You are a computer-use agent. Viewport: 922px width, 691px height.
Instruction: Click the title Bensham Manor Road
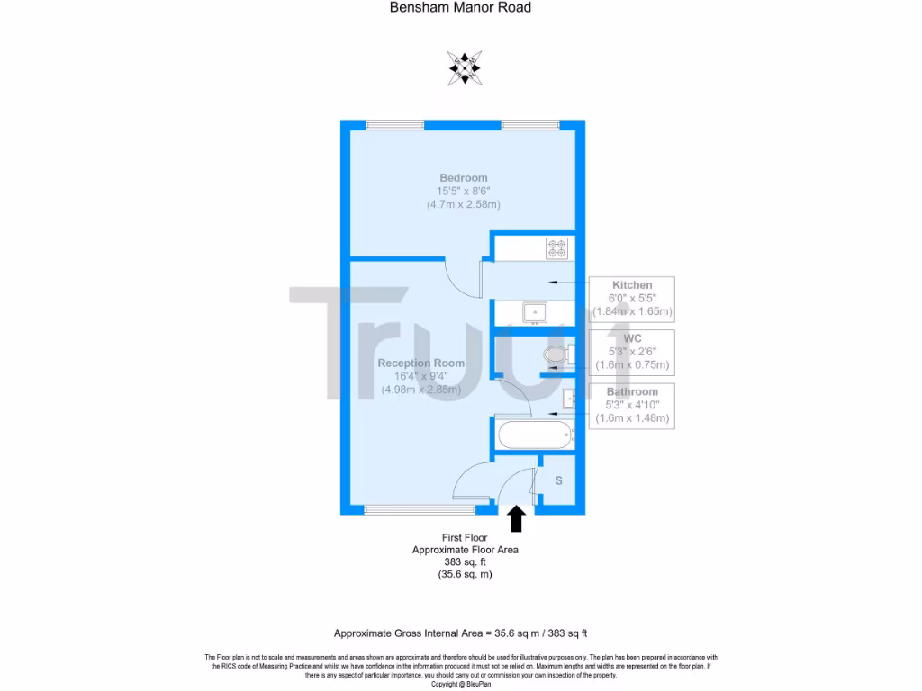[460, 8]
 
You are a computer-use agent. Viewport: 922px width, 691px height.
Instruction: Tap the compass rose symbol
[464, 68]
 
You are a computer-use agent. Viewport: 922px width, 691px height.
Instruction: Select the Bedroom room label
[464, 177]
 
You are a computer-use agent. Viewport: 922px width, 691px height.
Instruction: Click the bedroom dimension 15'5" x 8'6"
[464, 191]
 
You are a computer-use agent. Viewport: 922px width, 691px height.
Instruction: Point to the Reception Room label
[421, 363]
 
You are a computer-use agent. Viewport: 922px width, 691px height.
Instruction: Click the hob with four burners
[556, 247]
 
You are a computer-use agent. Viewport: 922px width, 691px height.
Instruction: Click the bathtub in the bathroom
[535, 435]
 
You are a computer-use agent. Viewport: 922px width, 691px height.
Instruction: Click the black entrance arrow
[517, 518]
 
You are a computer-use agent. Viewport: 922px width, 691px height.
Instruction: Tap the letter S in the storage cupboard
[558, 481]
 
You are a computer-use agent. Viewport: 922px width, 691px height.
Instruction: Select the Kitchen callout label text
[632, 285]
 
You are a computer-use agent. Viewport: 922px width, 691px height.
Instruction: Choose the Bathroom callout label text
[632, 392]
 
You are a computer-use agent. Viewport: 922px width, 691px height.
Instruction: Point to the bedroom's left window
[396, 125]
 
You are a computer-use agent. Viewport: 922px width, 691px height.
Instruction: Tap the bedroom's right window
[530, 125]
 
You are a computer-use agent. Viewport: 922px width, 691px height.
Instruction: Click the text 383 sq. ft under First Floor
[465, 561]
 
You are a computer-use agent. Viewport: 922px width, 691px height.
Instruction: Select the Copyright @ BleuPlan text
[461, 684]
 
